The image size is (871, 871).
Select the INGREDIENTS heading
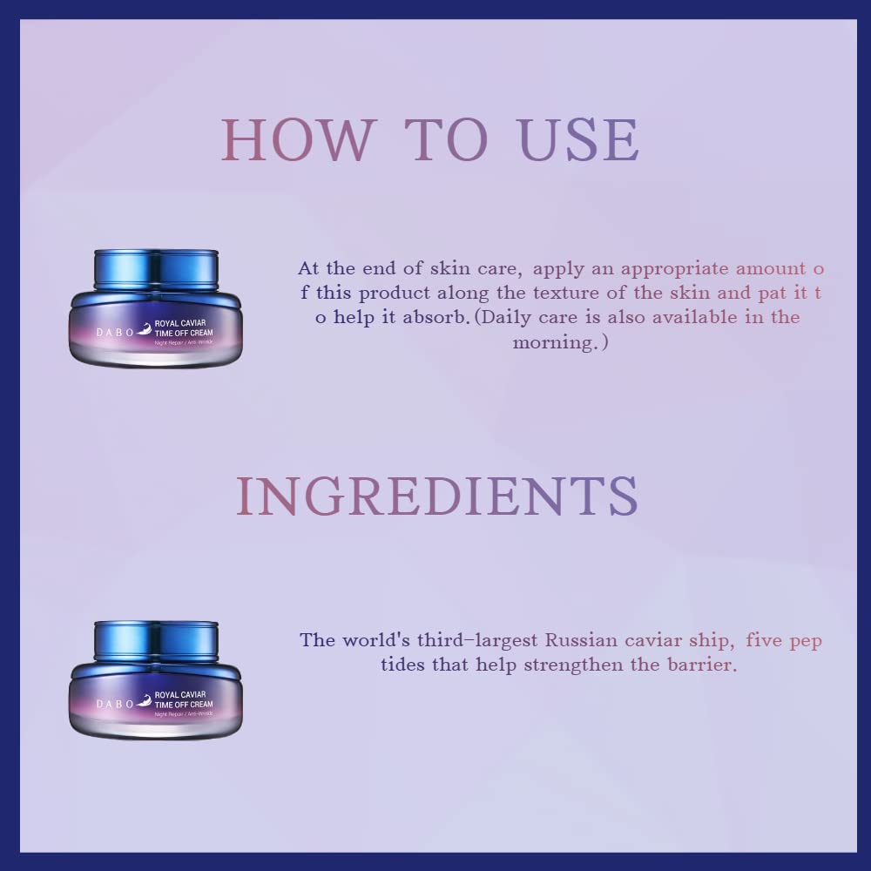click(436, 496)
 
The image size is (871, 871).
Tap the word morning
click(556, 342)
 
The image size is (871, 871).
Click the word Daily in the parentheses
click(512, 317)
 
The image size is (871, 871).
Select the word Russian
click(582, 640)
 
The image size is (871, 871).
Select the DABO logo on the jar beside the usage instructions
click(102, 332)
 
